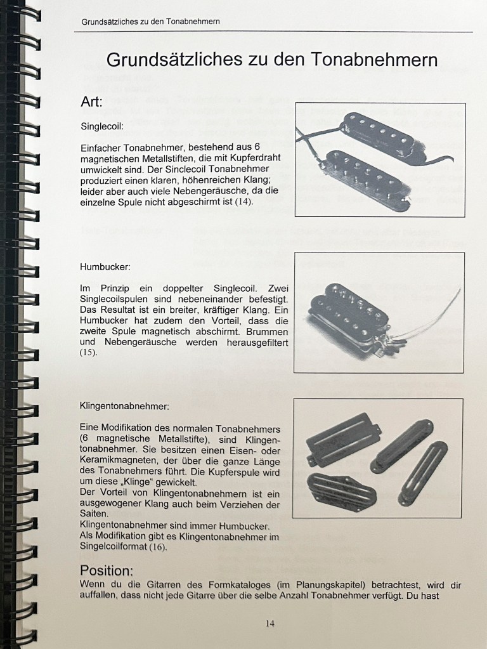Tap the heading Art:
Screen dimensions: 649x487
coord(91,102)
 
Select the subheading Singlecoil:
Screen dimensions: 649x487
coord(102,126)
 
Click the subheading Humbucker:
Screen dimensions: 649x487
coord(105,266)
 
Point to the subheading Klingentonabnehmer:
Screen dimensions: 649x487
coord(125,405)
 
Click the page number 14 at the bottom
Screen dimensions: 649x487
coord(270,623)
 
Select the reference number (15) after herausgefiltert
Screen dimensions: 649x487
coord(89,353)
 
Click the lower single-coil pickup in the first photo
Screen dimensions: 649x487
coord(367,180)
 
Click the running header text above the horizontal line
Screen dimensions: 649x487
coord(150,22)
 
